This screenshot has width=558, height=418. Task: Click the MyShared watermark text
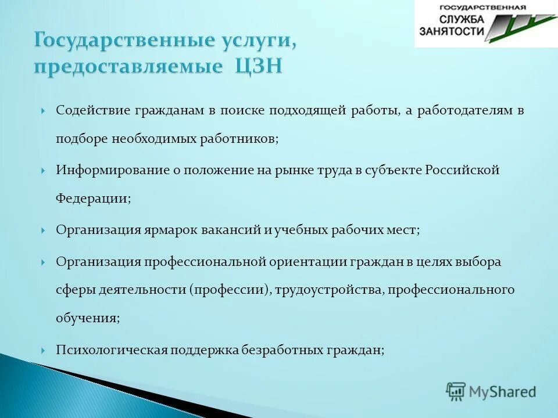pos(502,392)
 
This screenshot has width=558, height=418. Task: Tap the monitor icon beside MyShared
pos(456,391)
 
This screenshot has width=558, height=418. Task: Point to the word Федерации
pos(92,199)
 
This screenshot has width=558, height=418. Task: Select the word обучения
pos(87,319)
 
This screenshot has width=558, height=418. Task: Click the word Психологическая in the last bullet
pos(112,350)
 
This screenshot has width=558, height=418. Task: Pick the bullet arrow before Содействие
pos(44,111)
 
